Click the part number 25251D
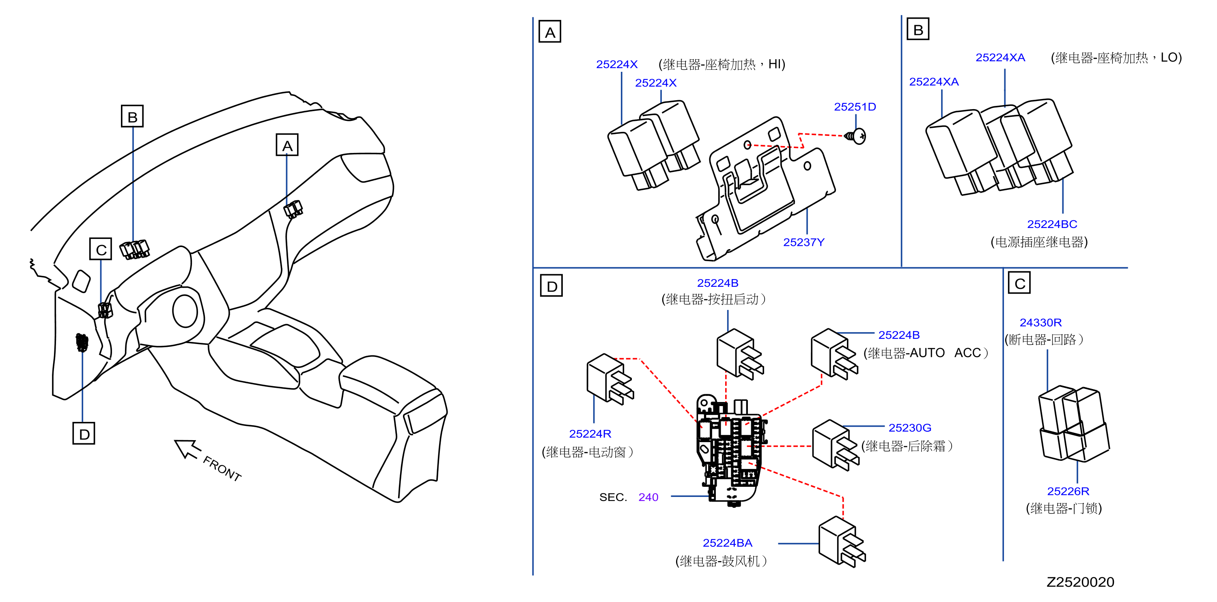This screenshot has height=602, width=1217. click(x=855, y=107)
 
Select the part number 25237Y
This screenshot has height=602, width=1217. click(x=803, y=242)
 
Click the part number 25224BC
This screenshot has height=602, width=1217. click(x=1052, y=224)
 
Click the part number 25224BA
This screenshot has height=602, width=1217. click(x=728, y=543)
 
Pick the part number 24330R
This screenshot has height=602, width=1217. click(x=1041, y=322)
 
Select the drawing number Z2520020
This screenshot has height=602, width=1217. click(x=1081, y=582)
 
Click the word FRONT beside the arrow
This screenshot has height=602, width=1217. click(x=222, y=469)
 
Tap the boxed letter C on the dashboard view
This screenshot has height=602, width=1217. click(x=101, y=249)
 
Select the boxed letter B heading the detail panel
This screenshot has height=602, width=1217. click(x=918, y=29)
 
